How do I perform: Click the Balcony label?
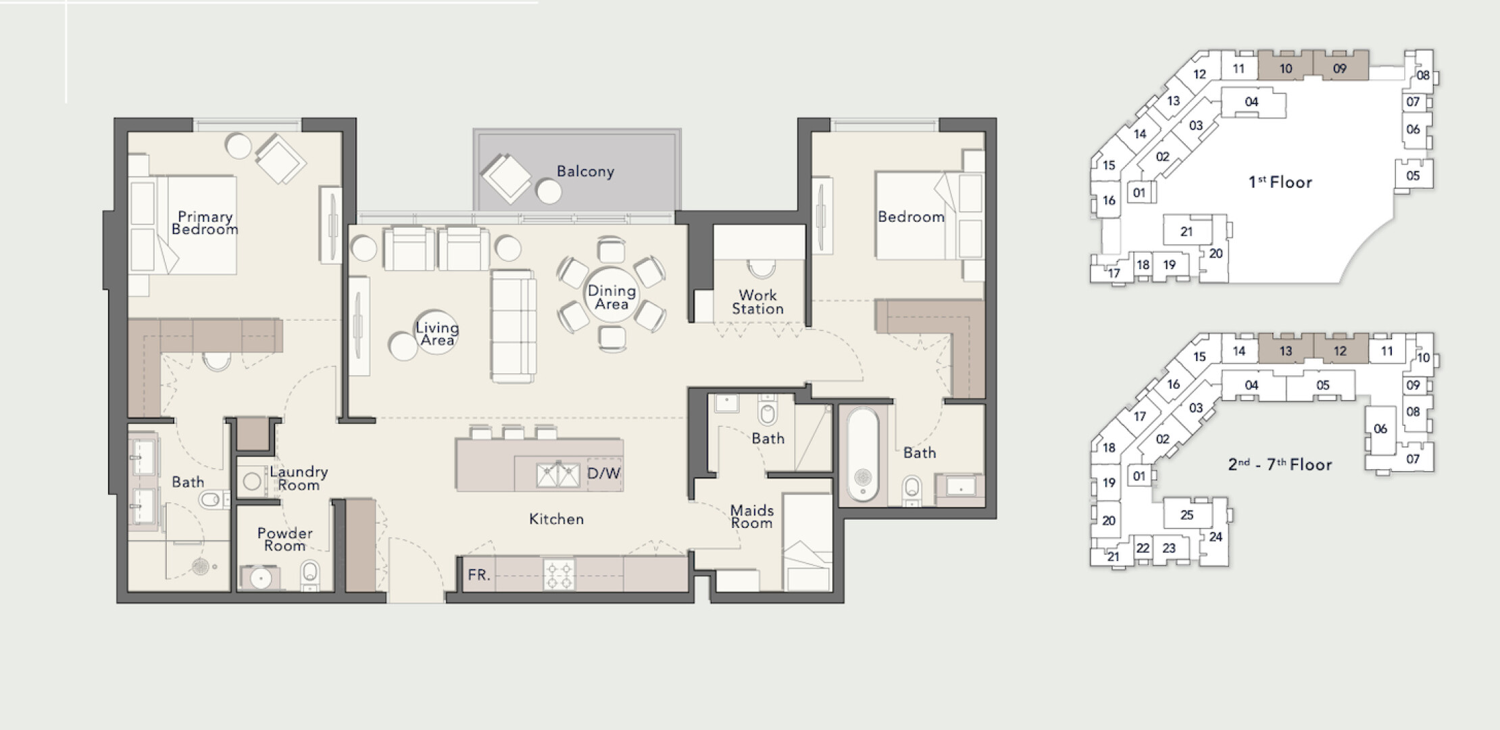click(x=585, y=172)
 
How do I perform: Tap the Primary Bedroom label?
click(x=205, y=223)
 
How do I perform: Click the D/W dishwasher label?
click(x=603, y=473)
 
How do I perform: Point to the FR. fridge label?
click(x=478, y=575)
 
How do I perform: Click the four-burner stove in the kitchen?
click(x=559, y=574)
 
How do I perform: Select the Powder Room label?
click(x=284, y=539)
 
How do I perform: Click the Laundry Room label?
click(x=299, y=478)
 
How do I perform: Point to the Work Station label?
click(x=757, y=302)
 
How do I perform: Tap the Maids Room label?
click(x=751, y=516)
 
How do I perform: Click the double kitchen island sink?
click(x=558, y=475)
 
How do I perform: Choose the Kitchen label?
click(x=556, y=519)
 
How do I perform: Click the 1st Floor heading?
click(x=1280, y=182)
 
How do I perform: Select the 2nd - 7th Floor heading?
click(x=1280, y=464)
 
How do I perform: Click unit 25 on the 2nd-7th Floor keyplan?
click(x=1187, y=515)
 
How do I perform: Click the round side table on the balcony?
click(x=549, y=191)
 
